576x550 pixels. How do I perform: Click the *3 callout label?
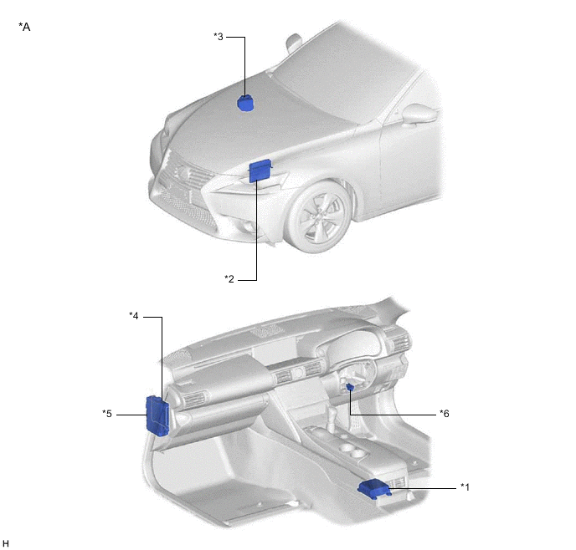click(x=219, y=37)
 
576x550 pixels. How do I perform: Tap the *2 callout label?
click(x=229, y=279)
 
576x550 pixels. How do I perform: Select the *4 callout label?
click(x=134, y=316)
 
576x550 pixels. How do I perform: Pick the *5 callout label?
click(x=107, y=414)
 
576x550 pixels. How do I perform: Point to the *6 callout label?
click(x=445, y=414)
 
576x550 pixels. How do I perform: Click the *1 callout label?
click(x=465, y=487)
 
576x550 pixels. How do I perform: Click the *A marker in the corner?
click(x=24, y=27)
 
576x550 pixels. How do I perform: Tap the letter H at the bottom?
click(x=6, y=543)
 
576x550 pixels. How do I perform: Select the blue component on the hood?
click(x=245, y=103)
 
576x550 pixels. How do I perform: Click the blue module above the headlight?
click(x=260, y=171)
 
